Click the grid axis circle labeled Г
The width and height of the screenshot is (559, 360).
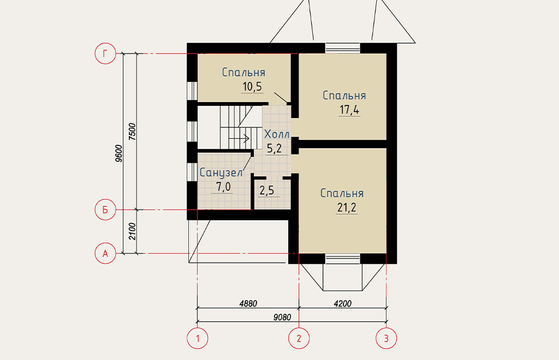(x=105, y=54)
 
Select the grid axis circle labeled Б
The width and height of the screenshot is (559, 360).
(x=105, y=209)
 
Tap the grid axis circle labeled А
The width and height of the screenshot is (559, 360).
(x=105, y=253)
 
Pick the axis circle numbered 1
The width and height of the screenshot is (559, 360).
(x=198, y=338)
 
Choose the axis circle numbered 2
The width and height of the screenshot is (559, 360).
(x=299, y=338)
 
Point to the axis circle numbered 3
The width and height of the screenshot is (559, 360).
(x=386, y=338)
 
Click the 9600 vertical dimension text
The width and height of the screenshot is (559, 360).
(x=119, y=154)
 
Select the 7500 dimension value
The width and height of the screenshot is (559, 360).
(x=132, y=131)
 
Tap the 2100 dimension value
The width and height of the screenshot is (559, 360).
(x=132, y=231)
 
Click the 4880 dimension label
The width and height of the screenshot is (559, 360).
(x=248, y=303)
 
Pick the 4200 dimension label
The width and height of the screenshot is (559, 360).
(x=342, y=303)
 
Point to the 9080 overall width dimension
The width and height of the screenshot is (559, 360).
(x=282, y=317)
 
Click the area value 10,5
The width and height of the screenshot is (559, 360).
(x=252, y=86)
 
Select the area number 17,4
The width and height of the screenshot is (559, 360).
(x=349, y=110)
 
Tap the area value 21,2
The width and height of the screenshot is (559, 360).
(x=347, y=207)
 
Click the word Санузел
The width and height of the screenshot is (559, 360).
(x=221, y=173)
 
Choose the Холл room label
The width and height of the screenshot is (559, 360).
(x=277, y=134)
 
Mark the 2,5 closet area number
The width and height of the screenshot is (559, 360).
(x=266, y=190)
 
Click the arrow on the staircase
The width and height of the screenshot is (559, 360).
(x=239, y=138)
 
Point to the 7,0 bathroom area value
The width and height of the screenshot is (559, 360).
(x=223, y=187)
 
